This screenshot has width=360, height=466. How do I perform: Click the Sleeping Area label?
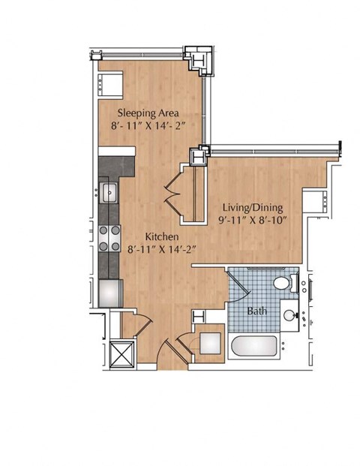148,113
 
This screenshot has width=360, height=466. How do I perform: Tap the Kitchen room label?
161,236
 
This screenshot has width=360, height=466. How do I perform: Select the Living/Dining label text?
253,208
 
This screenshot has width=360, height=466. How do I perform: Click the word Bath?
257,311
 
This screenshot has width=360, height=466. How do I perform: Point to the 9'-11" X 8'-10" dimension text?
253,221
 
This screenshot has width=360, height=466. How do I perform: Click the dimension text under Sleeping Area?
148,126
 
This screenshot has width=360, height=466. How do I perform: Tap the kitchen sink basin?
109,192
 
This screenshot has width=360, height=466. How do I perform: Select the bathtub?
254,346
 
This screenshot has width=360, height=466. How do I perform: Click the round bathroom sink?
289,315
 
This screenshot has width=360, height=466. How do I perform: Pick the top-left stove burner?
103,230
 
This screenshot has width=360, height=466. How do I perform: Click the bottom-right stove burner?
115,246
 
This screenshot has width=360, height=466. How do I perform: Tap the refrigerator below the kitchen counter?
110,293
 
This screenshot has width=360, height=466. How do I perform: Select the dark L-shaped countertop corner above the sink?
116,167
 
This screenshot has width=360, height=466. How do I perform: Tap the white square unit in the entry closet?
210,343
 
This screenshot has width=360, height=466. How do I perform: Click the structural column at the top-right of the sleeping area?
198,60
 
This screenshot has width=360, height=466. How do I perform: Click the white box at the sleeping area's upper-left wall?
110,85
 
